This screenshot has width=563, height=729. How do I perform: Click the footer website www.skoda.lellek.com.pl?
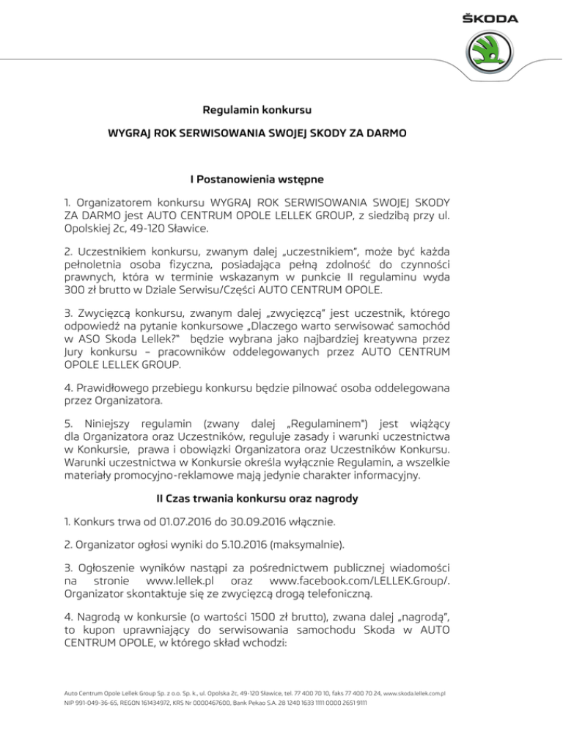(x=416, y=692)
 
